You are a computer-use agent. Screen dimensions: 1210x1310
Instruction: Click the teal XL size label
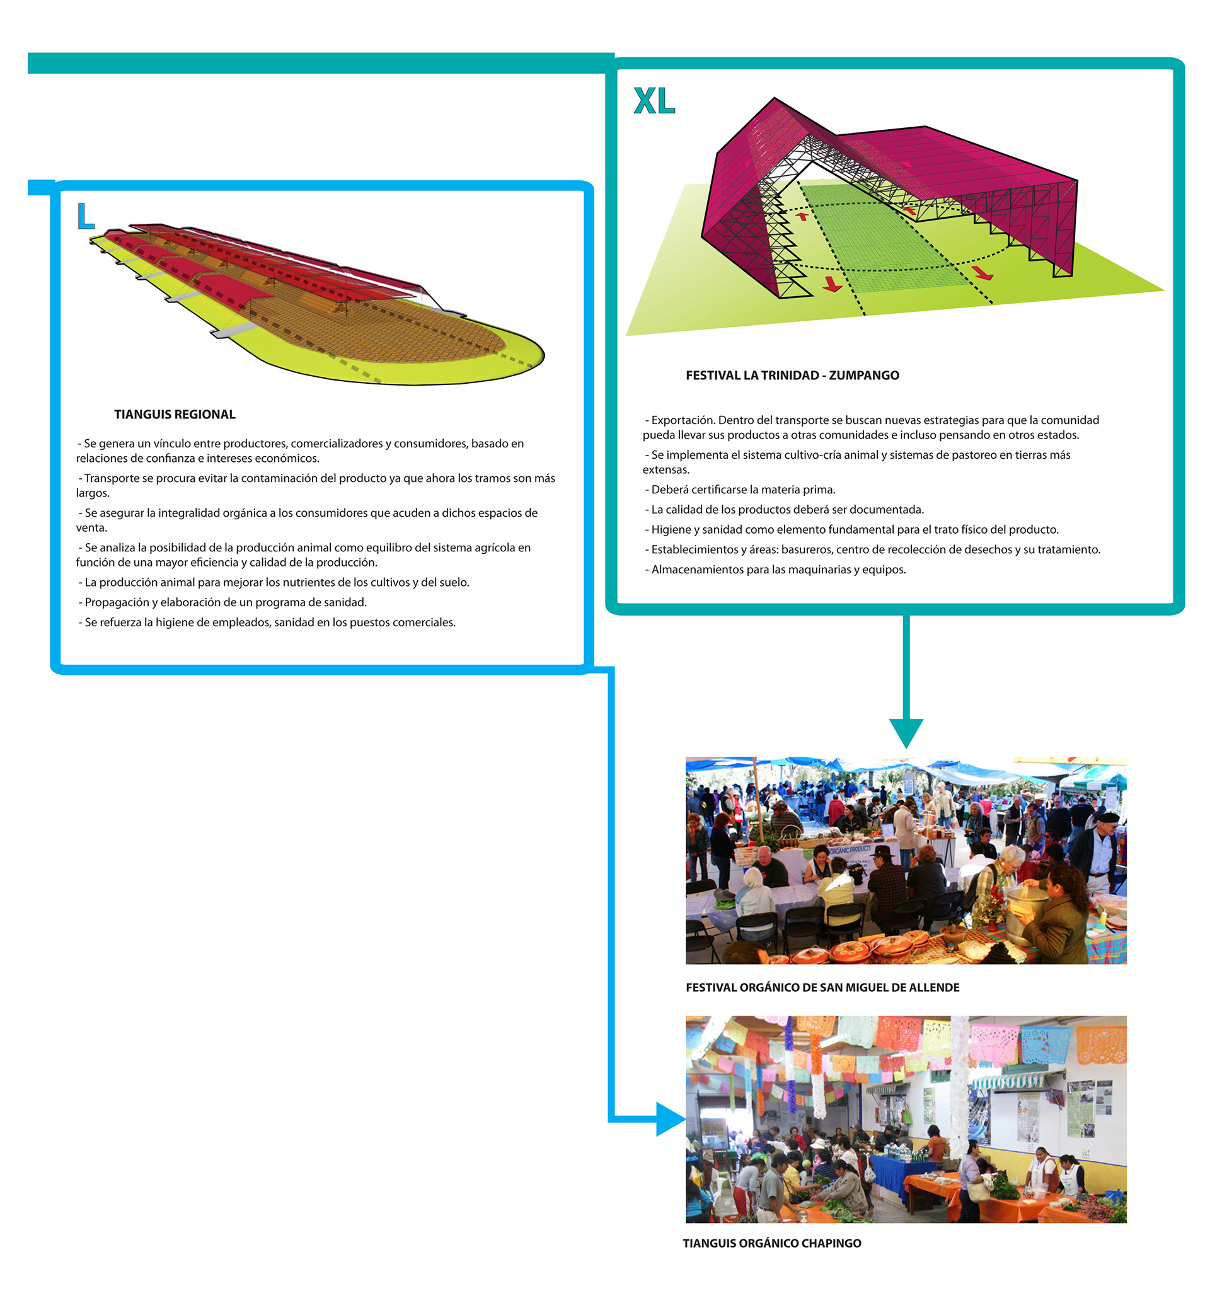(x=654, y=101)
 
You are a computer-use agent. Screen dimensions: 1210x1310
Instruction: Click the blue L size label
(x=85, y=216)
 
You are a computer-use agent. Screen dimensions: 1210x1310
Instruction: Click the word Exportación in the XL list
(x=682, y=420)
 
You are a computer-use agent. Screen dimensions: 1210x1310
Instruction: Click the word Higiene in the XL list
(x=671, y=530)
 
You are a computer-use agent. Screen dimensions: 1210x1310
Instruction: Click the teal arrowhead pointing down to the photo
(x=906, y=732)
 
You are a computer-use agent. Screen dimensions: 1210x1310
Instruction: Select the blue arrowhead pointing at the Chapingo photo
(x=670, y=1119)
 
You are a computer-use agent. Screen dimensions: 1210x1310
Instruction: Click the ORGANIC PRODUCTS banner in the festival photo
(x=850, y=850)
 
